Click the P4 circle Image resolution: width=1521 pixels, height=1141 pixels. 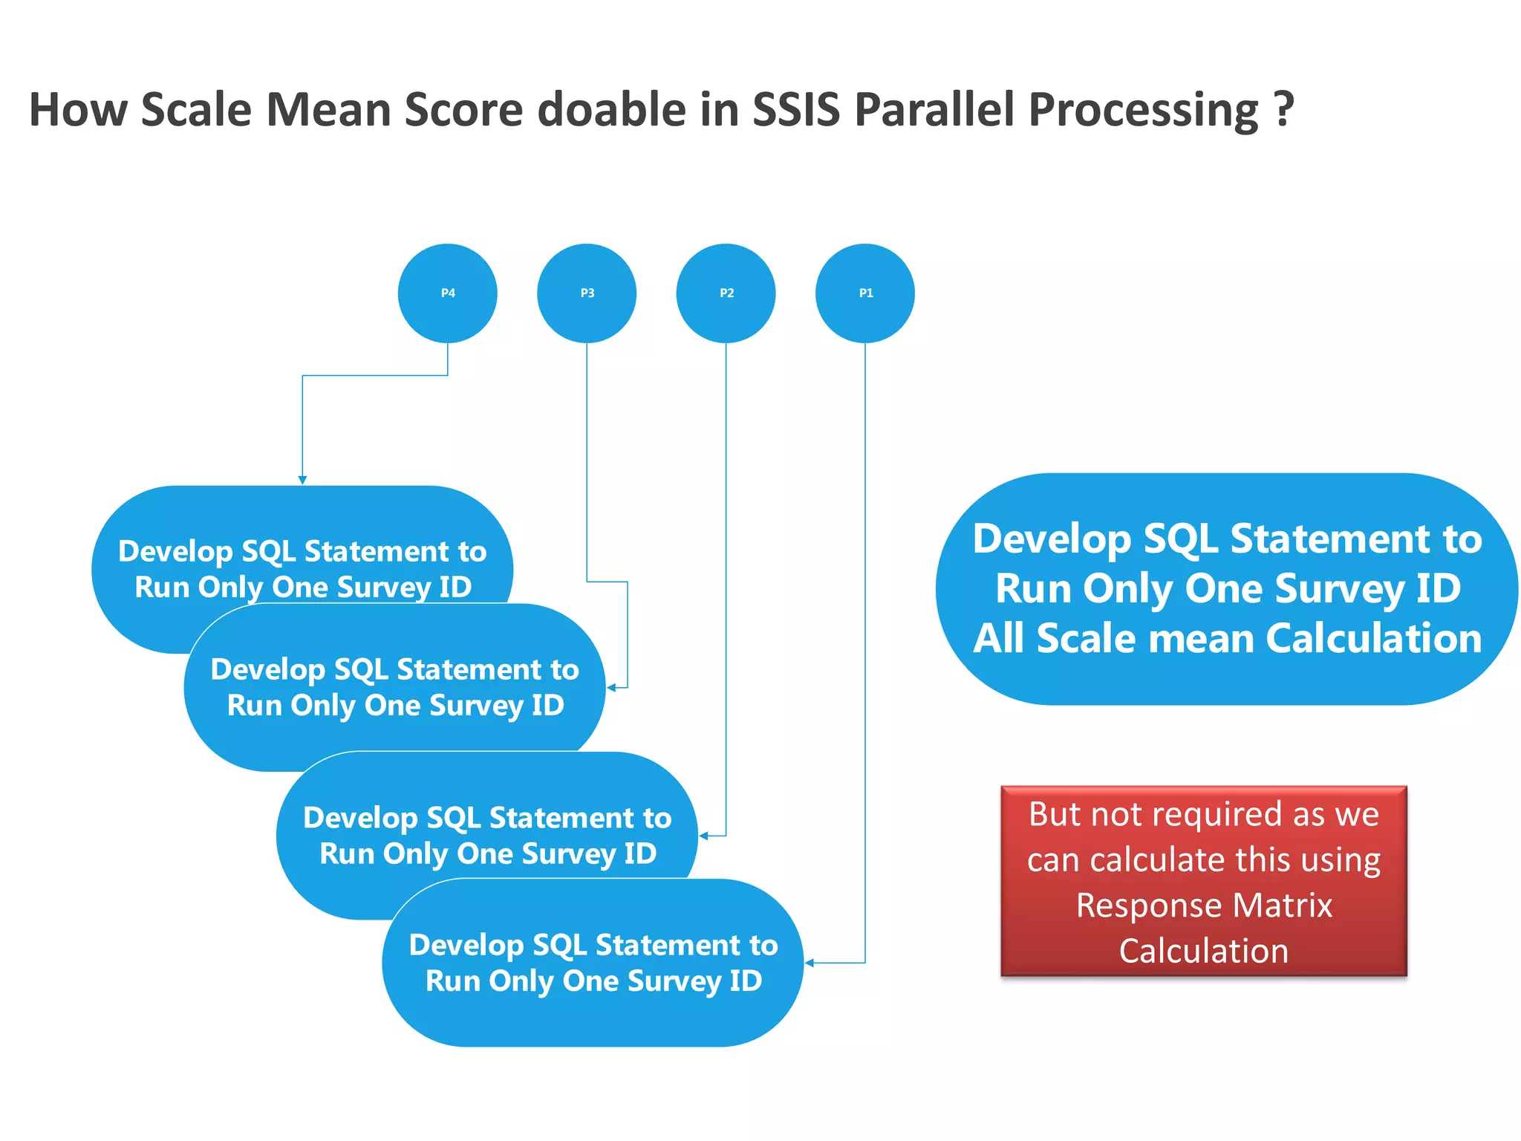(447, 293)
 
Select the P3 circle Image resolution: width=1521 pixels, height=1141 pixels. (587, 293)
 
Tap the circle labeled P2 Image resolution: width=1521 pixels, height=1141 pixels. (726, 293)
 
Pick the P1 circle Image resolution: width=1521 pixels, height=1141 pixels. (865, 293)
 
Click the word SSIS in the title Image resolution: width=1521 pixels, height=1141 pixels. (795, 109)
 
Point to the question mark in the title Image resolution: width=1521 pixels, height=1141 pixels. (1283, 109)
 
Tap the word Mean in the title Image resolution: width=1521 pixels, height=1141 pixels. (328, 109)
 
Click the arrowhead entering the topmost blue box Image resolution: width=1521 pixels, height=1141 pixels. (302, 480)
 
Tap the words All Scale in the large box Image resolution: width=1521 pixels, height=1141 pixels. (1047, 638)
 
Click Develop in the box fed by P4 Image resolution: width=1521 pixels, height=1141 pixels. (175, 552)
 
